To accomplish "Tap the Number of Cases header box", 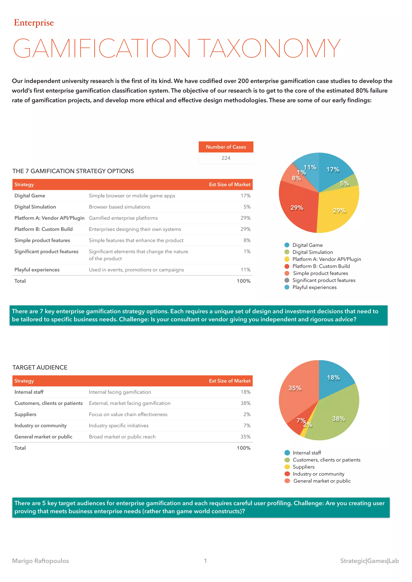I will click(226, 147).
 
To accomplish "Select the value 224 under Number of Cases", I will click(226, 158).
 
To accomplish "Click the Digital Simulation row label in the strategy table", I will click(35, 207).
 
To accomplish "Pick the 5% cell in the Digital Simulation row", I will click(247, 207).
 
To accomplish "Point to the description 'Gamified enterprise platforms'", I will click(123, 218).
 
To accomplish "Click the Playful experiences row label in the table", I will click(37, 270).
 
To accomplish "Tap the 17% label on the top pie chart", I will click(333, 170).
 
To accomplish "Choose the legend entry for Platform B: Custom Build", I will click(321, 266).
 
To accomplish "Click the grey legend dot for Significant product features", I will click(287, 280).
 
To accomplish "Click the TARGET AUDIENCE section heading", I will click(40, 367).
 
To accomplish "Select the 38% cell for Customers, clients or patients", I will click(245, 403).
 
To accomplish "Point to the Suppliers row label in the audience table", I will click(25, 414).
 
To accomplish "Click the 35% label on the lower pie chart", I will click(295, 388).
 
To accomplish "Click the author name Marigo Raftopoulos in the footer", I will click(41, 561).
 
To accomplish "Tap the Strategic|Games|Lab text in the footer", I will click(369, 561).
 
